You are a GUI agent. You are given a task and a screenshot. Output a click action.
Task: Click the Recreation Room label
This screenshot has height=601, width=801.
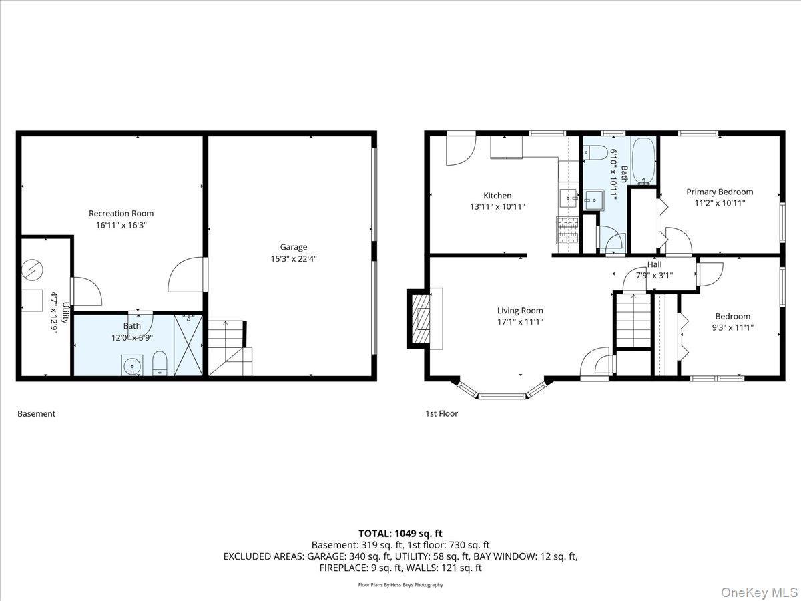pyautogui.click(x=121, y=214)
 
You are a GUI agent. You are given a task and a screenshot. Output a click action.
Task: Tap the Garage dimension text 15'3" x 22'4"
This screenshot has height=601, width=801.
pyautogui.click(x=293, y=259)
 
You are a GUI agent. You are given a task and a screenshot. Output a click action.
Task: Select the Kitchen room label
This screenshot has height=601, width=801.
pyautogui.click(x=497, y=196)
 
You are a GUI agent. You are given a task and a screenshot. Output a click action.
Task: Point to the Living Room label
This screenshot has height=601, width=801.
pyautogui.click(x=520, y=311)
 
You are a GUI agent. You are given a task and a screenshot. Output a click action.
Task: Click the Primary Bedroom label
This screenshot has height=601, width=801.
pyautogui.click(x=720, y=192)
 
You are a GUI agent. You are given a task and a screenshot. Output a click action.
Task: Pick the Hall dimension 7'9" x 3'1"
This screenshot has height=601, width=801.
pyautogui.click(x=654, y=275)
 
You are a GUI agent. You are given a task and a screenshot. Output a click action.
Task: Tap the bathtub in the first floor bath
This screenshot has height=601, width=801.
pyautogui.click(x=643, y=161)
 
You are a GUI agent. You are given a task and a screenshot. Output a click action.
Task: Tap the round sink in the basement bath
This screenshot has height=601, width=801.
pyautogui.click(x=131, y=365)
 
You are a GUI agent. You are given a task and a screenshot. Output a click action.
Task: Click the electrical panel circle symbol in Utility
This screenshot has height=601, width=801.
pyautogui.click(x=31, y=269)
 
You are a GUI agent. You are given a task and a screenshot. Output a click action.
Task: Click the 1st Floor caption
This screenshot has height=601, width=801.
pyautogui.click(x=441, y=414)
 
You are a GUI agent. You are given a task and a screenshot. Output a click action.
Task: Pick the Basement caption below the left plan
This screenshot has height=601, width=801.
pyautogui.click(x=36, y=414)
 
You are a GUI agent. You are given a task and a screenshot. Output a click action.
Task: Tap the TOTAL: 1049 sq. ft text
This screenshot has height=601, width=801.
pyautogui.click(x=400, y=534)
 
